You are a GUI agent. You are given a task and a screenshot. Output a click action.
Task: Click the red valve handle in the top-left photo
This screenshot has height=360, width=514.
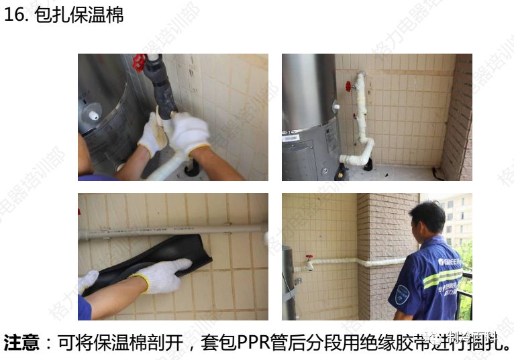tap(139, 62)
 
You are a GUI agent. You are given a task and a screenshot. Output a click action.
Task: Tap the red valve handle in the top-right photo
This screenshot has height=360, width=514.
tap(348, 86)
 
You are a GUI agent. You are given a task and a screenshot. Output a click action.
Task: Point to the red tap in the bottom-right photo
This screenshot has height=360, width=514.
tap(309, 258)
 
